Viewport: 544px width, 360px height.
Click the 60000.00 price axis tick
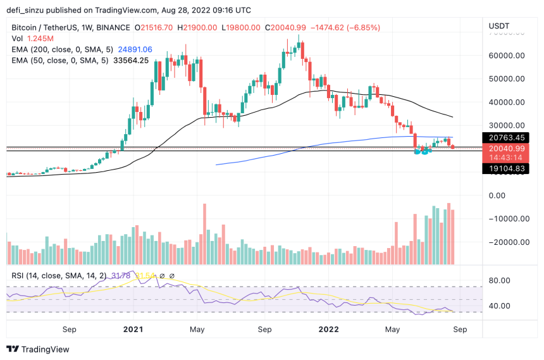(507, 56)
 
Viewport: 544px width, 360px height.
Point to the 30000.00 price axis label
(507, 125)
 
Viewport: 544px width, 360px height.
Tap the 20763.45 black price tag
(507, 137)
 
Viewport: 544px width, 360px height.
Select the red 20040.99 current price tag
(507, 148)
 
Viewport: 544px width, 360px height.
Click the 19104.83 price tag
(507, 168)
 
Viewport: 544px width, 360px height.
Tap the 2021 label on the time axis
(133, 329)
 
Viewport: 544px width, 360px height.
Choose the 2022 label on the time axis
(329, 329)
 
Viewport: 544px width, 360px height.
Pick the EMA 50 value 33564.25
(127, 61)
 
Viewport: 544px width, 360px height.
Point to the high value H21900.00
(198, 27)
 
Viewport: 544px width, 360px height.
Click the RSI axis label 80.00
(504, 280)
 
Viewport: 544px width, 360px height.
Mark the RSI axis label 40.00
(504, 306)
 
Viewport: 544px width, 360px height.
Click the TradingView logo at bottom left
(38, 349)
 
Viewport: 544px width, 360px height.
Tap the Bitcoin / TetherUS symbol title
(51, 27)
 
